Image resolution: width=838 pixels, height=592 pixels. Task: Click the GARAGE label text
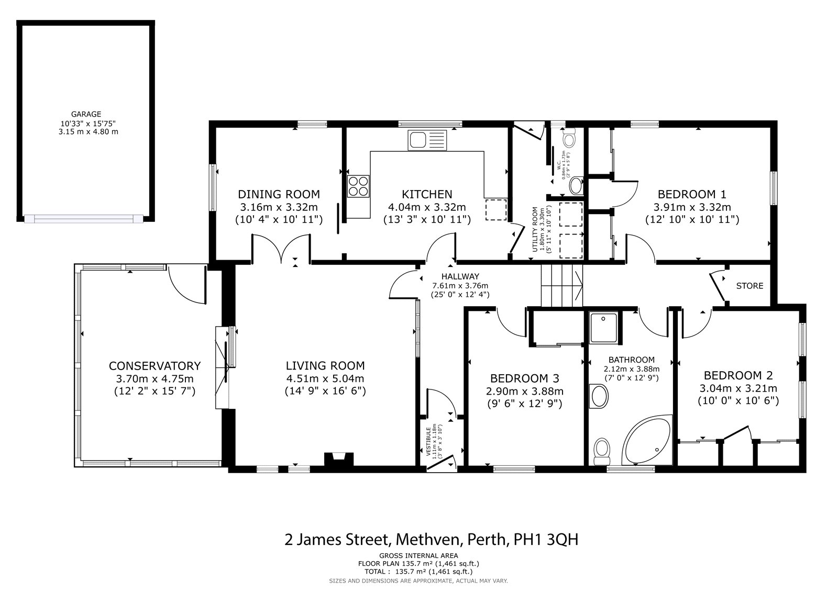[86, 114]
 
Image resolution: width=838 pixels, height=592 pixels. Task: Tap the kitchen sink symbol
[428, 140]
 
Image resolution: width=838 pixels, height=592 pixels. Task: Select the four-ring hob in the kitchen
[358, 186]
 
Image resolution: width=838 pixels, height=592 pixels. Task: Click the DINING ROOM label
[279, 194]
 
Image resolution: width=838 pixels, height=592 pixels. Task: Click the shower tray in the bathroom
[604, 327]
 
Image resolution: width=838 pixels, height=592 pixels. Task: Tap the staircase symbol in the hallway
[561, 285]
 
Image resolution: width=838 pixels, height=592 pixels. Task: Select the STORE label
[749, 286]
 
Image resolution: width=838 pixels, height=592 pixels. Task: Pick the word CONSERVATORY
[155, 365]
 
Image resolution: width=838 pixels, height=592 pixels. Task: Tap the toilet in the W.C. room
[569, 139]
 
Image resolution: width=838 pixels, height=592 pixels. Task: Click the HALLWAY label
[460, 276]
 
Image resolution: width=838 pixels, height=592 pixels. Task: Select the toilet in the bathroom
[602, 449]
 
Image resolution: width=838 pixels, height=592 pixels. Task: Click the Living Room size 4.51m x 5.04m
[325, 378]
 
